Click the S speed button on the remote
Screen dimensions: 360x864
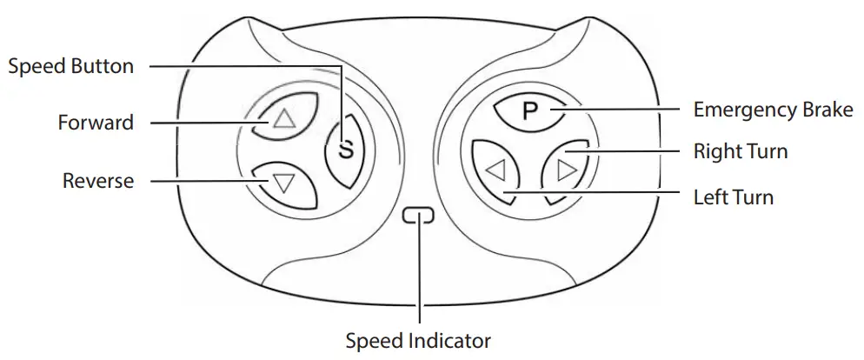(346, 149)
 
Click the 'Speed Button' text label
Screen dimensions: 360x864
(70, 66)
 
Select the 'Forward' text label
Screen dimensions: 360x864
(96, 123)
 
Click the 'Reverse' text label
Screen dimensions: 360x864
(98, 181)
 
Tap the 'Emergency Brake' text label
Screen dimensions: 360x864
(773, 110)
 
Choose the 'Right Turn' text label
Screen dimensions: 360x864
(740, 152)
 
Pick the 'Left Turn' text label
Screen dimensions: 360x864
(733, 197)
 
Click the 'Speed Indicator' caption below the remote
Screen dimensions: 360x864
(419, 340)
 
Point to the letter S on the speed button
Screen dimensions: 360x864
(346, 149)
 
